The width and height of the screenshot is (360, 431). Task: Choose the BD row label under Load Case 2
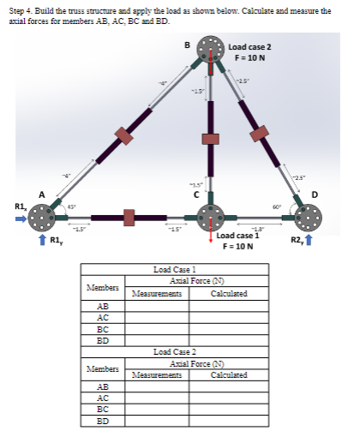[x=103, y=421]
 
